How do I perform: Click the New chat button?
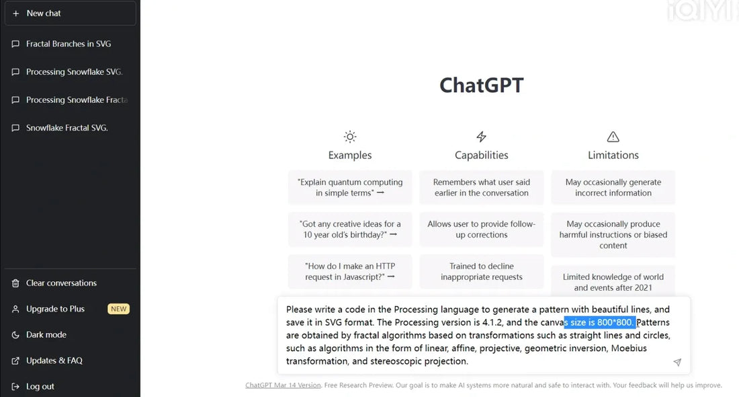pyautogui.click(x=70, y=13)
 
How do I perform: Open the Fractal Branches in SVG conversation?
pyautogui.click(x=68, y=44)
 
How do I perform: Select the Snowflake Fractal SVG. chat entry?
pyautogui.click(x=67, y=128)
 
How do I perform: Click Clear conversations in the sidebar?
pyautogui.click(x=61, y=283)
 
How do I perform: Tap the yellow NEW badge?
pyautogui.click(x=118, y=309)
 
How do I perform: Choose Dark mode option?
pyautogui.click(x=46, y=334)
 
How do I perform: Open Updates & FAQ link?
pyautogui.click(x=54, y=361)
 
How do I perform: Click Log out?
pyautogui.click(x=40, y=386)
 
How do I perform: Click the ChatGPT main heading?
pyautogui.click(x=481, y=85)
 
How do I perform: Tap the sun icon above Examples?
pyautogui.click(x=350, y=137)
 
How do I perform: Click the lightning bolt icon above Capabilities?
pyautogui.click(x=481, y=137)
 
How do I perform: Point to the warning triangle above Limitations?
pyautogui.click(x=613, y=137)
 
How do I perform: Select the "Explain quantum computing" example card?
pyautogui.click(x=350, y=187)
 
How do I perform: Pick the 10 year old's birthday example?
pyautogui.click(x=350, y=229)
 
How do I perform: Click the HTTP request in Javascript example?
pyautogui.click(x=350, y=271)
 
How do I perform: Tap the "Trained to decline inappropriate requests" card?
pyautogui.click(x=481, y=271)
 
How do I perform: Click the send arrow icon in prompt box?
pyautogui.click(x=677, y=362)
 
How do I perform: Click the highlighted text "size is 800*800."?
pyautogui.click(x=600, y=322)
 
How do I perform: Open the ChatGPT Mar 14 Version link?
pyautogui.click(x=283, y=386)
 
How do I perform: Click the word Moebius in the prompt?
pyautogui.click(x=630, y=348)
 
